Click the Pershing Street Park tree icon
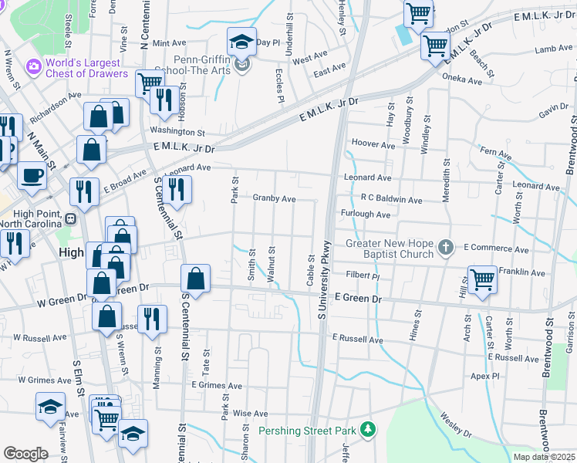coord(369,429)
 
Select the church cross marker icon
coord(444,248)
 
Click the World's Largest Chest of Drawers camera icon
coord(33,67)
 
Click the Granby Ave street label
coord(274,198)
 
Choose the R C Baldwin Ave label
coord(391,199)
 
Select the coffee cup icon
coord(32,174)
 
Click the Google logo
coord(25,453)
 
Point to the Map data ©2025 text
coord(544,457)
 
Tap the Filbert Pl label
coord(363,275)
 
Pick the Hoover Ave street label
coord(373,144)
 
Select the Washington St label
coord(177,132)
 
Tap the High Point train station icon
coord(70,218)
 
